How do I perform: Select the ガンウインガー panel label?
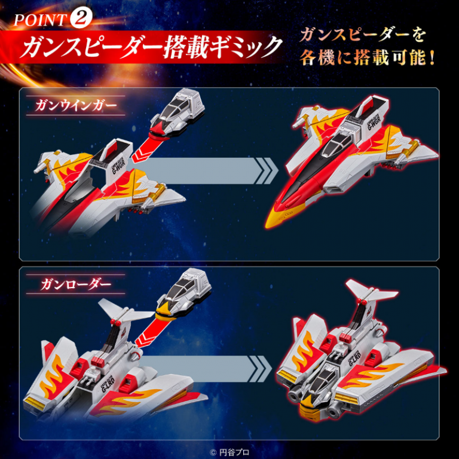click(x=75, y=105)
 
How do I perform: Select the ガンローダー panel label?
click(x=76, y=284)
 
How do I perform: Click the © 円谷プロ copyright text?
click(x=229, y=452)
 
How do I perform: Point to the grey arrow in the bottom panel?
click(x=205, y=369)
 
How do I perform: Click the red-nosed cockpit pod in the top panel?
click(x=177, y=114)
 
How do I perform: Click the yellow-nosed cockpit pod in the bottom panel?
click(x=183, y=294)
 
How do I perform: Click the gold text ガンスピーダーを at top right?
click(x=362, y=35)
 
